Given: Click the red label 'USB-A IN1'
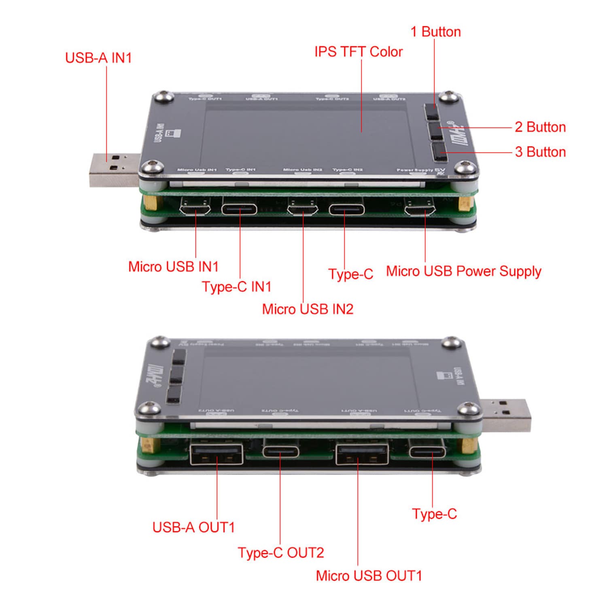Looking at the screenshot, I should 98,58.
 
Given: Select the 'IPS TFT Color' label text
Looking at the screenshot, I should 358,52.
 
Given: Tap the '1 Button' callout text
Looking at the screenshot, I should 435,32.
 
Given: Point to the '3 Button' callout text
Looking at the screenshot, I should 540,152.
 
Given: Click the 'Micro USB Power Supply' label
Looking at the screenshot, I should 463,271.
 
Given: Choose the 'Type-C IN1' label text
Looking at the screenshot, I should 237,287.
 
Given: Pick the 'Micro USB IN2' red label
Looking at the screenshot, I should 308,309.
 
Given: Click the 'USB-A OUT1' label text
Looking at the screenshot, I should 193,527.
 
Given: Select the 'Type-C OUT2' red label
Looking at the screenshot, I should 281,553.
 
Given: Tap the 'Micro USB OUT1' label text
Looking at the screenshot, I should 369,575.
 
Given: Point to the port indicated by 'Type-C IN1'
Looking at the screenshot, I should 239,209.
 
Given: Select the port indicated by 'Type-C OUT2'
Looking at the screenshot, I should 281,451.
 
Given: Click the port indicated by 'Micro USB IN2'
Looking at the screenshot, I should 303,209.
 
